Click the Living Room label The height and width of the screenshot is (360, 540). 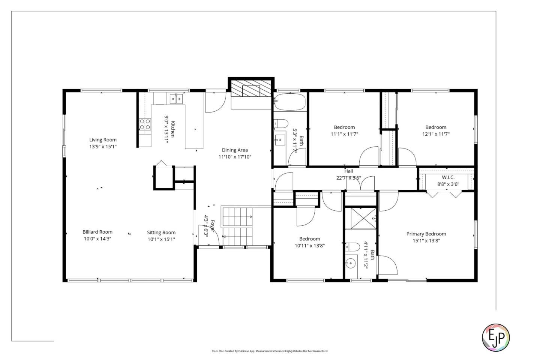tap(103, 140)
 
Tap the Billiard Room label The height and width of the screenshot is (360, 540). tap(97, 232)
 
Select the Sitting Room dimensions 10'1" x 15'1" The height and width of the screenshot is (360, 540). tap(161, 239)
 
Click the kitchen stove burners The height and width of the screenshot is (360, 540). tap(145, 124)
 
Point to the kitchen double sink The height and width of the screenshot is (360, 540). tap(175, 99)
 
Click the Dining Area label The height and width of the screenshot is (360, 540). tap(235, 150)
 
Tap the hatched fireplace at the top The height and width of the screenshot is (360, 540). tap(250, 88)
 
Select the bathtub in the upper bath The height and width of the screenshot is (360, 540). tap(289, 102)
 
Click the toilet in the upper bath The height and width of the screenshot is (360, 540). tap(281, 123)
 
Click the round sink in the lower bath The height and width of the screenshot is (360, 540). tap(351, 263)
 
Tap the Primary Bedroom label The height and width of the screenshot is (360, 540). tap(426, 234)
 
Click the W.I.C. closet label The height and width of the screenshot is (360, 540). tap(448, 177)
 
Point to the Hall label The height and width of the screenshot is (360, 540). tap(349, 171)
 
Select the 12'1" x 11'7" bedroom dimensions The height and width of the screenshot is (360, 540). tap(436, 134)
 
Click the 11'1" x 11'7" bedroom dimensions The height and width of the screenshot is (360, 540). tap(344, 134)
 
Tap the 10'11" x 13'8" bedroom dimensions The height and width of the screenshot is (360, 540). tap(309, 246)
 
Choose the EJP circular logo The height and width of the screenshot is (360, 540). tap(495, 337)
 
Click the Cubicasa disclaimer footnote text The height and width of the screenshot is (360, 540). tap(270, 351)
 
